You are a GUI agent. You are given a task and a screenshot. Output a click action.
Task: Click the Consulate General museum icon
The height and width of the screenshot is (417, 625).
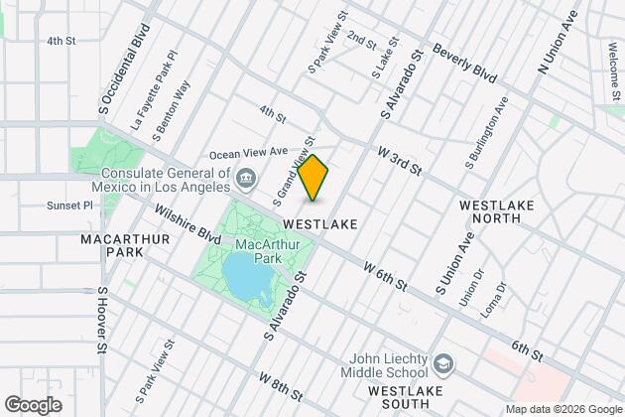point(247,180)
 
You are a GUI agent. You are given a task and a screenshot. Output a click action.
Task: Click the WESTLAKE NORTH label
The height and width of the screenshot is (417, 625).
point(498,212)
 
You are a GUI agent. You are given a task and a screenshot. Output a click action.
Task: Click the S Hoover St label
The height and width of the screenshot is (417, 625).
point(101,320)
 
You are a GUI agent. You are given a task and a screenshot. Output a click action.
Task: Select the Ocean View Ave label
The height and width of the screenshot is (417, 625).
point(249,154)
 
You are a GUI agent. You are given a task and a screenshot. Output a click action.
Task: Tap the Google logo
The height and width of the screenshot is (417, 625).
point(33,404)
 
